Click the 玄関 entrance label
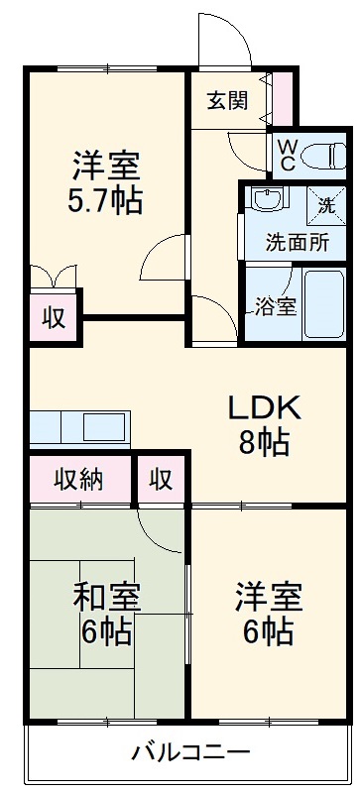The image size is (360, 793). click(x=227, y=101)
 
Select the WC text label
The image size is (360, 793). click(x=285, y=154)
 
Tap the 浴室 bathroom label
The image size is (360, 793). click(x=275, y=306)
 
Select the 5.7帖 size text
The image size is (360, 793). click(x=104, y=201)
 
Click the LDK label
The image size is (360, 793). click(x=264, y=407)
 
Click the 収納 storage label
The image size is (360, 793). click(x=78, y=480)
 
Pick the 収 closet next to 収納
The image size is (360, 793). click(x=162, y=480)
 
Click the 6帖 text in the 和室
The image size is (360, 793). click(x=108, y=631)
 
